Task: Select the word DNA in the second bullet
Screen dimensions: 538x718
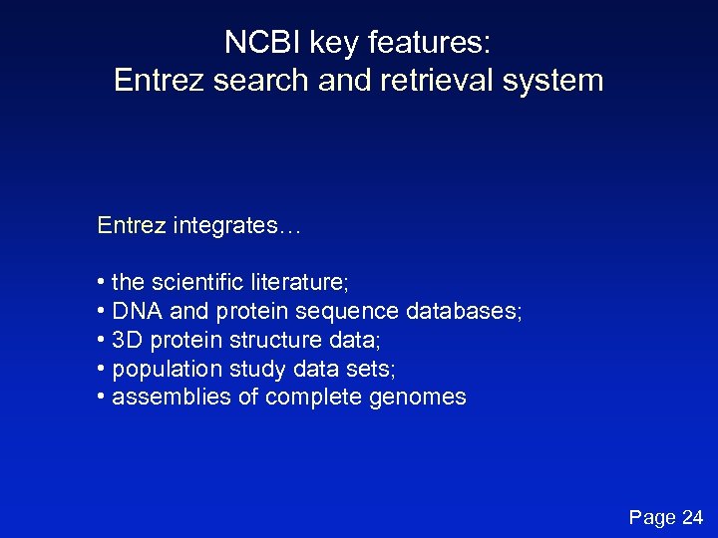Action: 136,312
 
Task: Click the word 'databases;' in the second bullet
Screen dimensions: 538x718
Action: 464,312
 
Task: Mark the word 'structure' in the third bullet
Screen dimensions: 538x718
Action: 269,341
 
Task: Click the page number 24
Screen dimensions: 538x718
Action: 692,517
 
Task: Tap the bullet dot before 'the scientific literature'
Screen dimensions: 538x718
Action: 102,283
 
